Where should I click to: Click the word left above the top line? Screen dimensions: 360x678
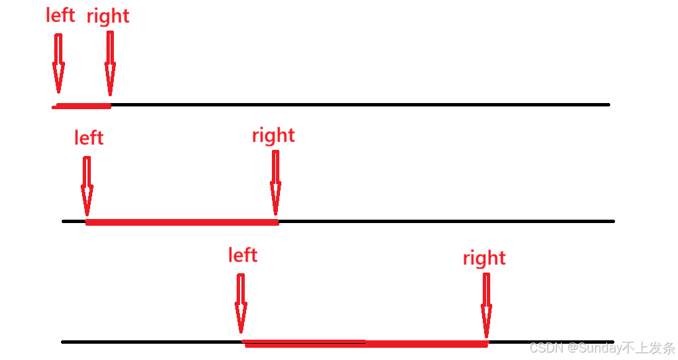60,15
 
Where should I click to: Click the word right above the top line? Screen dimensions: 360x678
108,16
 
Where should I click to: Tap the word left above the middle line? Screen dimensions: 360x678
89,138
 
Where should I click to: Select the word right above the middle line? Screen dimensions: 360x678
273,136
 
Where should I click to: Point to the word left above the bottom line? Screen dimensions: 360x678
243,255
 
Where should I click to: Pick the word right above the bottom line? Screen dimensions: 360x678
484,258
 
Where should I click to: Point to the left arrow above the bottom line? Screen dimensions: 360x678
241,302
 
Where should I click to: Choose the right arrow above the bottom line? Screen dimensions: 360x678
487,302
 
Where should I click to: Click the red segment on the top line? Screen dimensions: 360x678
83,106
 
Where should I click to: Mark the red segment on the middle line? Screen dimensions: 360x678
182,222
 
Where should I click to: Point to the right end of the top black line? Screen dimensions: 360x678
607,104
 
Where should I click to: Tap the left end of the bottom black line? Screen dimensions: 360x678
64,342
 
